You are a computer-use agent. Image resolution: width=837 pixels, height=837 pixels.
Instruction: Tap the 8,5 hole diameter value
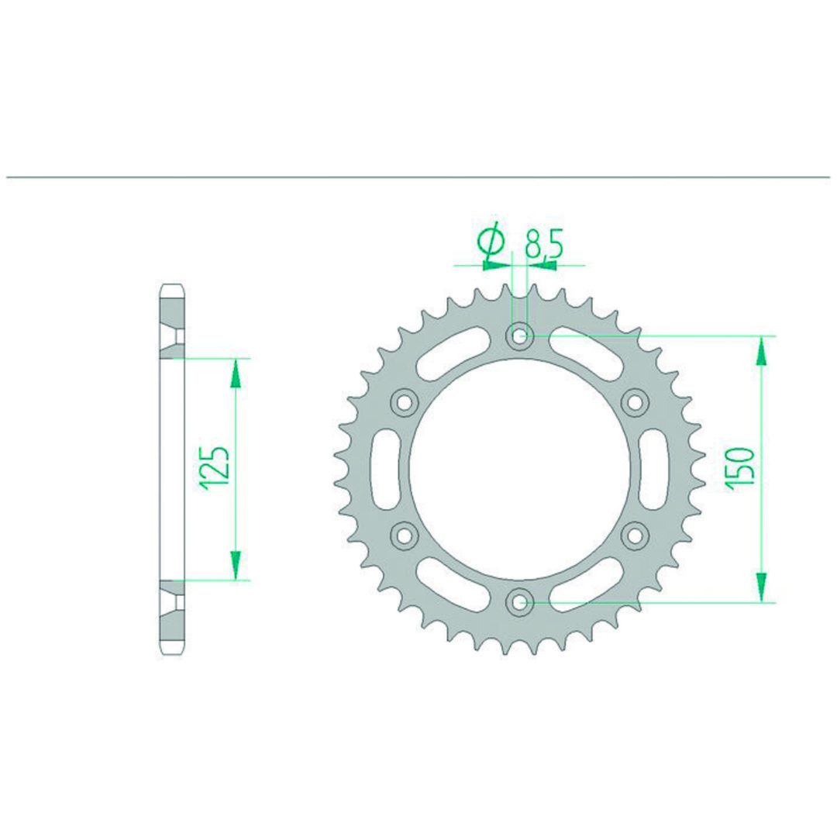point(543,243)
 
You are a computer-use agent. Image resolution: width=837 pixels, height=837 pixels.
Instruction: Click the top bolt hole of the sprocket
point(519,336)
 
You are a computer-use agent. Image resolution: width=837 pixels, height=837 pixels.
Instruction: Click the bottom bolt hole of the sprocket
point(519,602)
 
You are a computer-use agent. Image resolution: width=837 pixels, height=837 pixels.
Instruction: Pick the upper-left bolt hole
point(404,402)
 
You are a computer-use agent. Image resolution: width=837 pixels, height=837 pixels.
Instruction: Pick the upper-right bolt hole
point(635,402)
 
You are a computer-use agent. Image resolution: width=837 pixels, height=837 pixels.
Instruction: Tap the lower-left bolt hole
point(404,536)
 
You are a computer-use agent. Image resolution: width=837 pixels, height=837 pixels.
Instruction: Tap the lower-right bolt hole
point(635,536)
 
